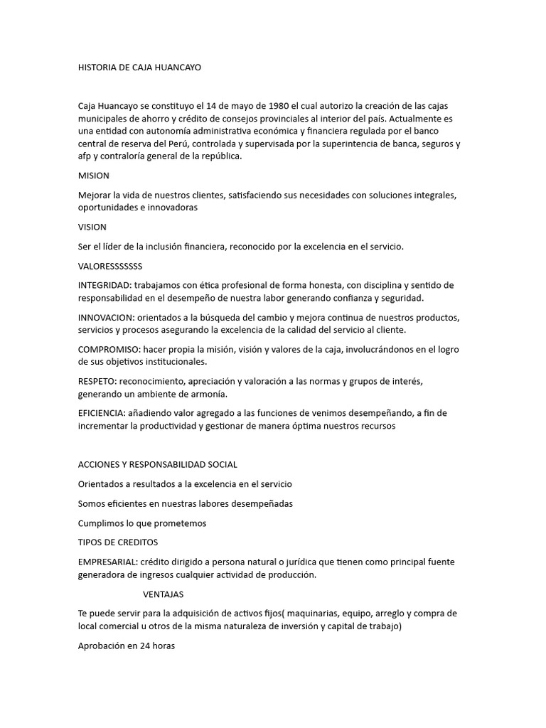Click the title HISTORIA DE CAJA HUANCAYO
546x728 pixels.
139,68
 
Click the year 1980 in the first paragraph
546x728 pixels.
269,106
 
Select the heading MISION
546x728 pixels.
93,175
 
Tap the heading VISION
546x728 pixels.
92,227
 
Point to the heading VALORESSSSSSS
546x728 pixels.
110,266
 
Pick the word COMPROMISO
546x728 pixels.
107,348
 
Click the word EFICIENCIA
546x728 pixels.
103,413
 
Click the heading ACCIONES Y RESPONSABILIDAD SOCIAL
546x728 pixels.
157,464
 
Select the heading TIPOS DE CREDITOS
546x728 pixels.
117,542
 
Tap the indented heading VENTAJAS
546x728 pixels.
164,594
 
